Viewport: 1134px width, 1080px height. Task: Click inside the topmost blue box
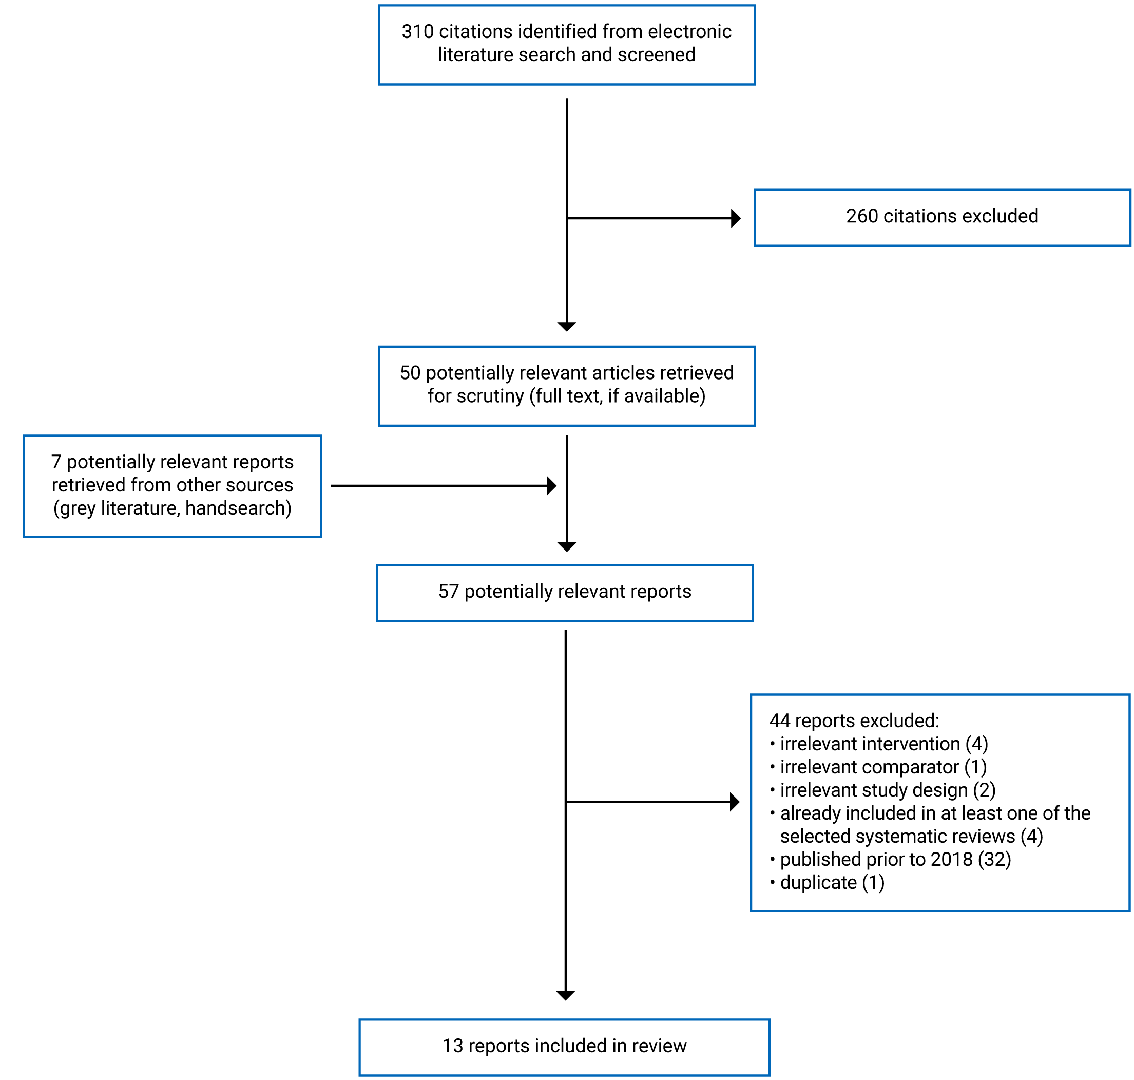[567, 45]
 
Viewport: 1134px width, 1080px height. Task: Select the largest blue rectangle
[940, 803]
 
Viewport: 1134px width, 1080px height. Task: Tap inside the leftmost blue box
[172, 486]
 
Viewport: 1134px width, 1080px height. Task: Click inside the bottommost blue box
[564, 1047]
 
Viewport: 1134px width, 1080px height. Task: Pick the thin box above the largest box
[943, 218]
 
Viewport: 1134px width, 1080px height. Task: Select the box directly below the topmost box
[567, 386]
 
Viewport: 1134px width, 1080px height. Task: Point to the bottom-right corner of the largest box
[1129, 910]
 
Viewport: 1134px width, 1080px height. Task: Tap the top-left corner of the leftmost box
[24, 437]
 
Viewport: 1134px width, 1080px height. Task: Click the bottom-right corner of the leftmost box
[320, 537]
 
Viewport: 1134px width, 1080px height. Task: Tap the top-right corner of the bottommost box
[769, 1020]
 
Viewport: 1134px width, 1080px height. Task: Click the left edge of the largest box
[752, 803]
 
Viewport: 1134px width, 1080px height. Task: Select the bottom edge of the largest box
[940, 910]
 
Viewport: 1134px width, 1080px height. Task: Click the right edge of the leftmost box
[320, 486]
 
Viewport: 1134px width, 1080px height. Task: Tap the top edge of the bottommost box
[564, 1020]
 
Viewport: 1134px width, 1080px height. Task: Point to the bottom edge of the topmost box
[567, 84]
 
